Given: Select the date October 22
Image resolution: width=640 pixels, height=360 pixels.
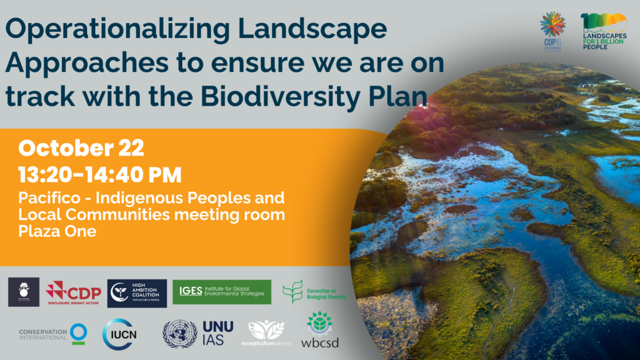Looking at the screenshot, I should pos(81,148).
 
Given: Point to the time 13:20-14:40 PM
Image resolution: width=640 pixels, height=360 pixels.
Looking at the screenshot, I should pos(100,174).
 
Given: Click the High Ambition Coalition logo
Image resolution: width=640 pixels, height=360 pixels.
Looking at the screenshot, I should pos(137,292).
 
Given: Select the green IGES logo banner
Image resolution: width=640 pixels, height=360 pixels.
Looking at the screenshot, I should pos(222,291).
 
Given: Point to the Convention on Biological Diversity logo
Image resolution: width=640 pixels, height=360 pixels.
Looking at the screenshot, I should pos(314,292).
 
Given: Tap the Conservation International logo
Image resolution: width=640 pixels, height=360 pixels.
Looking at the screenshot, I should pos(52,332).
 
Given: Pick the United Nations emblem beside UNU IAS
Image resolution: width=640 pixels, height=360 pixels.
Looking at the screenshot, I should pos(179,333).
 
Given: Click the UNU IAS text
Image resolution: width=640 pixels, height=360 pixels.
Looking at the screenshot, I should pos(217,333).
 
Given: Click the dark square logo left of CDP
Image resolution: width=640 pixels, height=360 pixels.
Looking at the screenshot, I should pos(24,292).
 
